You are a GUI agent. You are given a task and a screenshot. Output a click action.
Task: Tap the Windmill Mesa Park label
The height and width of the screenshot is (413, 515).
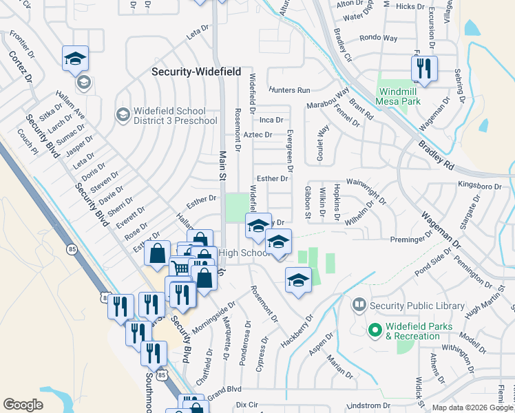tap(398, 94)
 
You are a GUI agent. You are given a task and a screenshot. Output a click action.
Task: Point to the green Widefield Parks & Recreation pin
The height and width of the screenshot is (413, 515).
tap(375, 330)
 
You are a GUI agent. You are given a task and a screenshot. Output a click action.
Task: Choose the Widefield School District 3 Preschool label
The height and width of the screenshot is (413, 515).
tap(170, 116)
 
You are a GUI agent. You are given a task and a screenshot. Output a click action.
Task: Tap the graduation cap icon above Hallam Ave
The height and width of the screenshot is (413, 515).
tap(75, 59)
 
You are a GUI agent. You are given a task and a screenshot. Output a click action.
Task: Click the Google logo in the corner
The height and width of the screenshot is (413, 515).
tap(23, 405)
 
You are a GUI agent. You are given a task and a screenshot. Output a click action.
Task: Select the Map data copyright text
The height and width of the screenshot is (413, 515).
tap(472, 407)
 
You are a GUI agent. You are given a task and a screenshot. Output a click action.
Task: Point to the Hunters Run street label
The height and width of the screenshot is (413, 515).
tap(290, 90)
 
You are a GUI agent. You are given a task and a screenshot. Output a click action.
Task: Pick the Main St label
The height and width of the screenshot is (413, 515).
tap(222, 166)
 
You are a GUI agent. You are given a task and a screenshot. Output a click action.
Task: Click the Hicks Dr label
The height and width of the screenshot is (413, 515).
tap(411, 6)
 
